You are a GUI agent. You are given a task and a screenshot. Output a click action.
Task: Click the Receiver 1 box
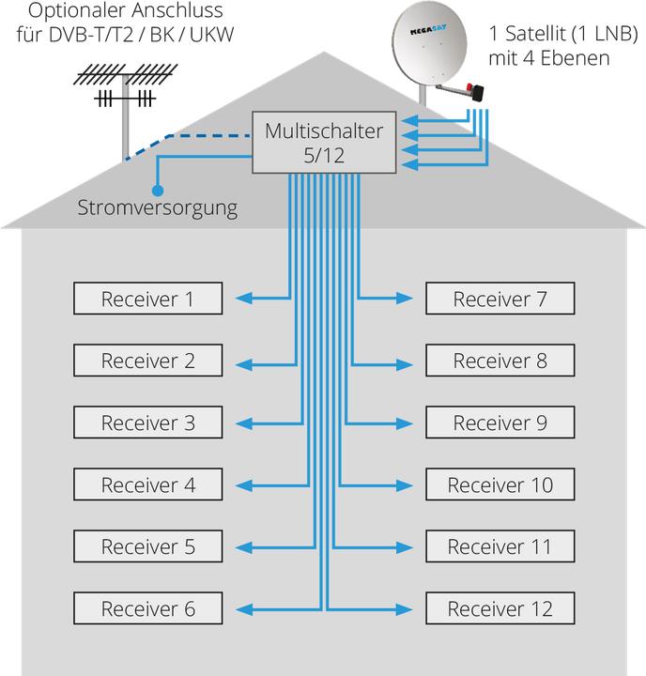148,299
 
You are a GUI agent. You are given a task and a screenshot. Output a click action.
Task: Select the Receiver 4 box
148,484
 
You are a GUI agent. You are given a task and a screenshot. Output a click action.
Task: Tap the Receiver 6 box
148,608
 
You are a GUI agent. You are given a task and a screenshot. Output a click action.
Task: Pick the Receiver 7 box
500,299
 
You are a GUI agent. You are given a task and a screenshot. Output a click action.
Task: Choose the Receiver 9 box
500,422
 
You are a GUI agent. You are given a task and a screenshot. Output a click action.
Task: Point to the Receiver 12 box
500,608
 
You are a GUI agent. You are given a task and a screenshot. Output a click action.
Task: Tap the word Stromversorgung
158,206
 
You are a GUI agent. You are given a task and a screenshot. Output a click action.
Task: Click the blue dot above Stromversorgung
157,189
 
